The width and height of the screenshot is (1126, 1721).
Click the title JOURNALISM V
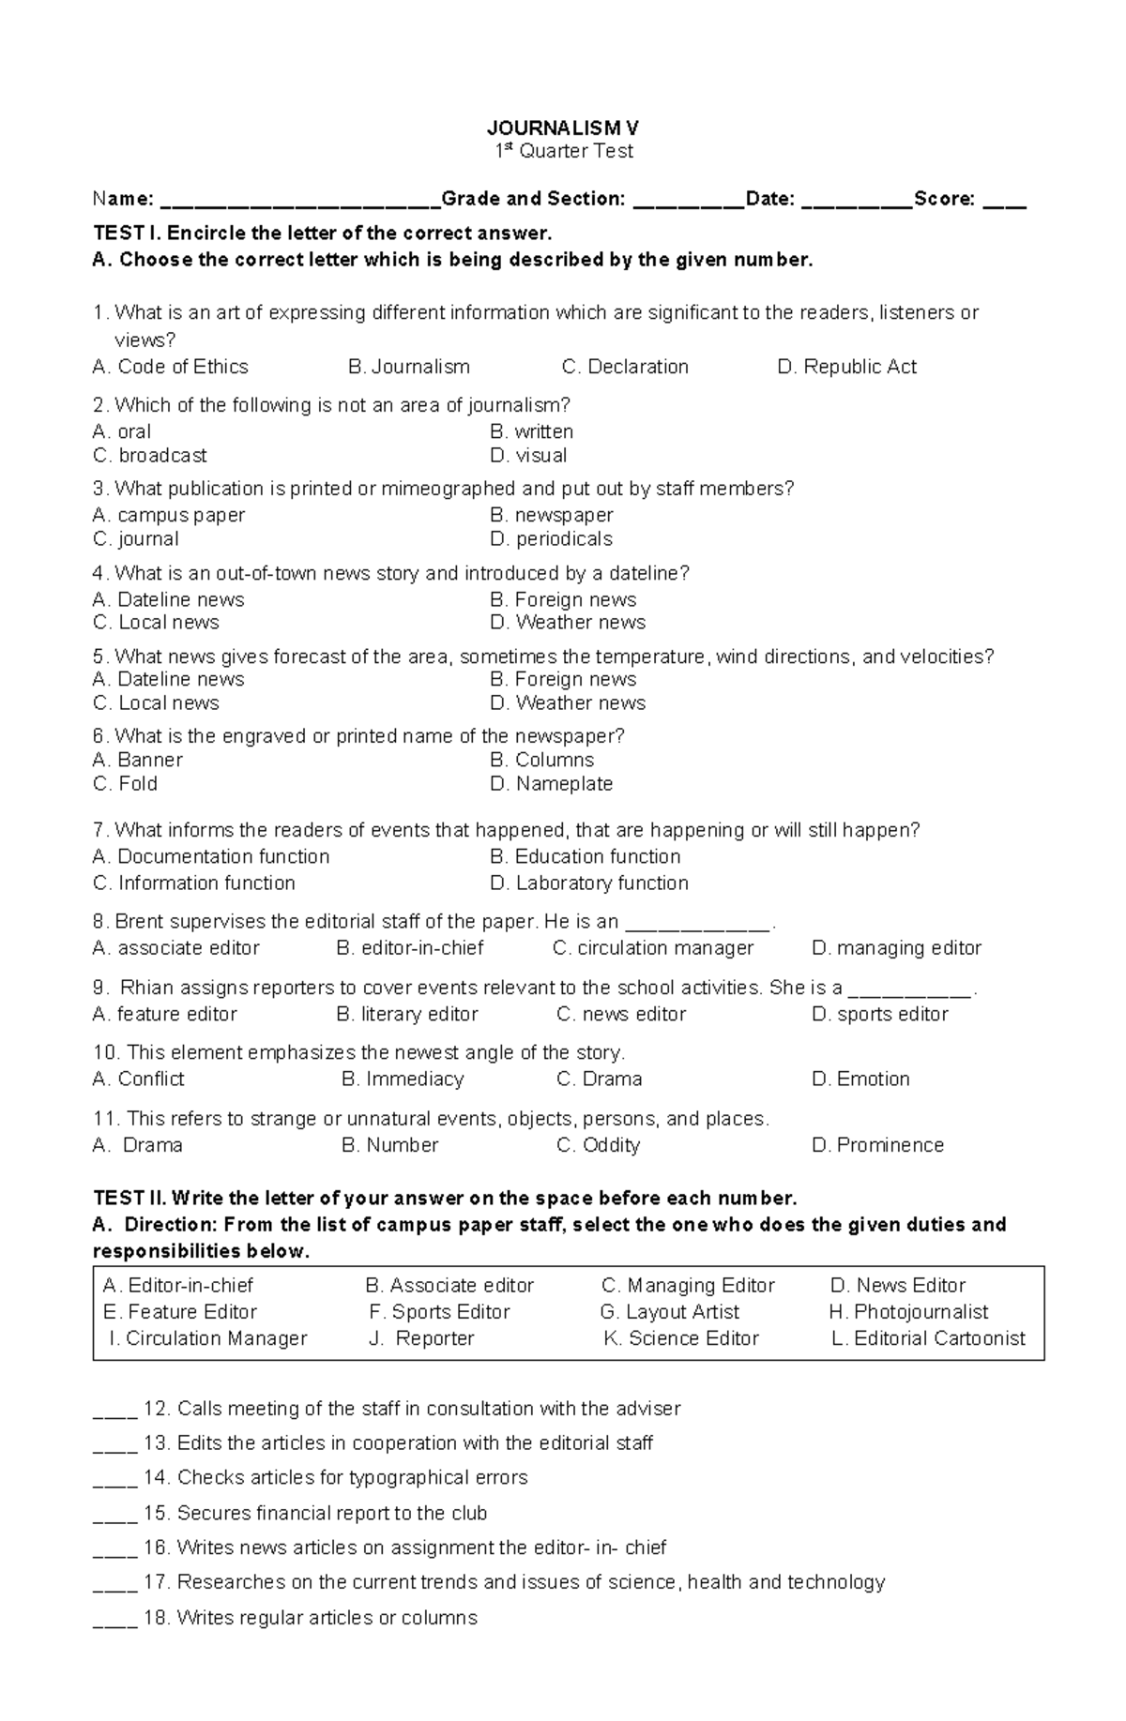[x=563, y=128]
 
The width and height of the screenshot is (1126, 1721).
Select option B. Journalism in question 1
[x=409, y=367]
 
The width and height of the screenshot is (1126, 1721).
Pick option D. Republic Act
[x=846, y=367]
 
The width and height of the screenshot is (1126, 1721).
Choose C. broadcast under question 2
[x=150, y=456]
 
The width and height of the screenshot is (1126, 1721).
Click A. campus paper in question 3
[x=169, y=515]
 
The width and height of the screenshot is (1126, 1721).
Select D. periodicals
[x=551, y=539]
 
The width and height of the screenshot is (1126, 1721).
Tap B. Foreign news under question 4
[x=563, y=599]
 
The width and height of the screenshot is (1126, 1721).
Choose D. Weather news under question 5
[x=568, y=703]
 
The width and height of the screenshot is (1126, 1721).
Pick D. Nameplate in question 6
[x=551, y=784]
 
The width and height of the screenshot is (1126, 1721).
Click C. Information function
[x=194, y=883]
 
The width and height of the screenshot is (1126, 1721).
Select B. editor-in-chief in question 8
[x=410, y=948]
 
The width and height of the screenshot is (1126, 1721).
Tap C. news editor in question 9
[x=621, y=1015]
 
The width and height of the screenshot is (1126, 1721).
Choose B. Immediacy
[x=403, y=1079]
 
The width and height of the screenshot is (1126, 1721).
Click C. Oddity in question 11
[x=599, y=1145]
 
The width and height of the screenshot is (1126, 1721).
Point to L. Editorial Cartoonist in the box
[x=929, y=1339]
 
